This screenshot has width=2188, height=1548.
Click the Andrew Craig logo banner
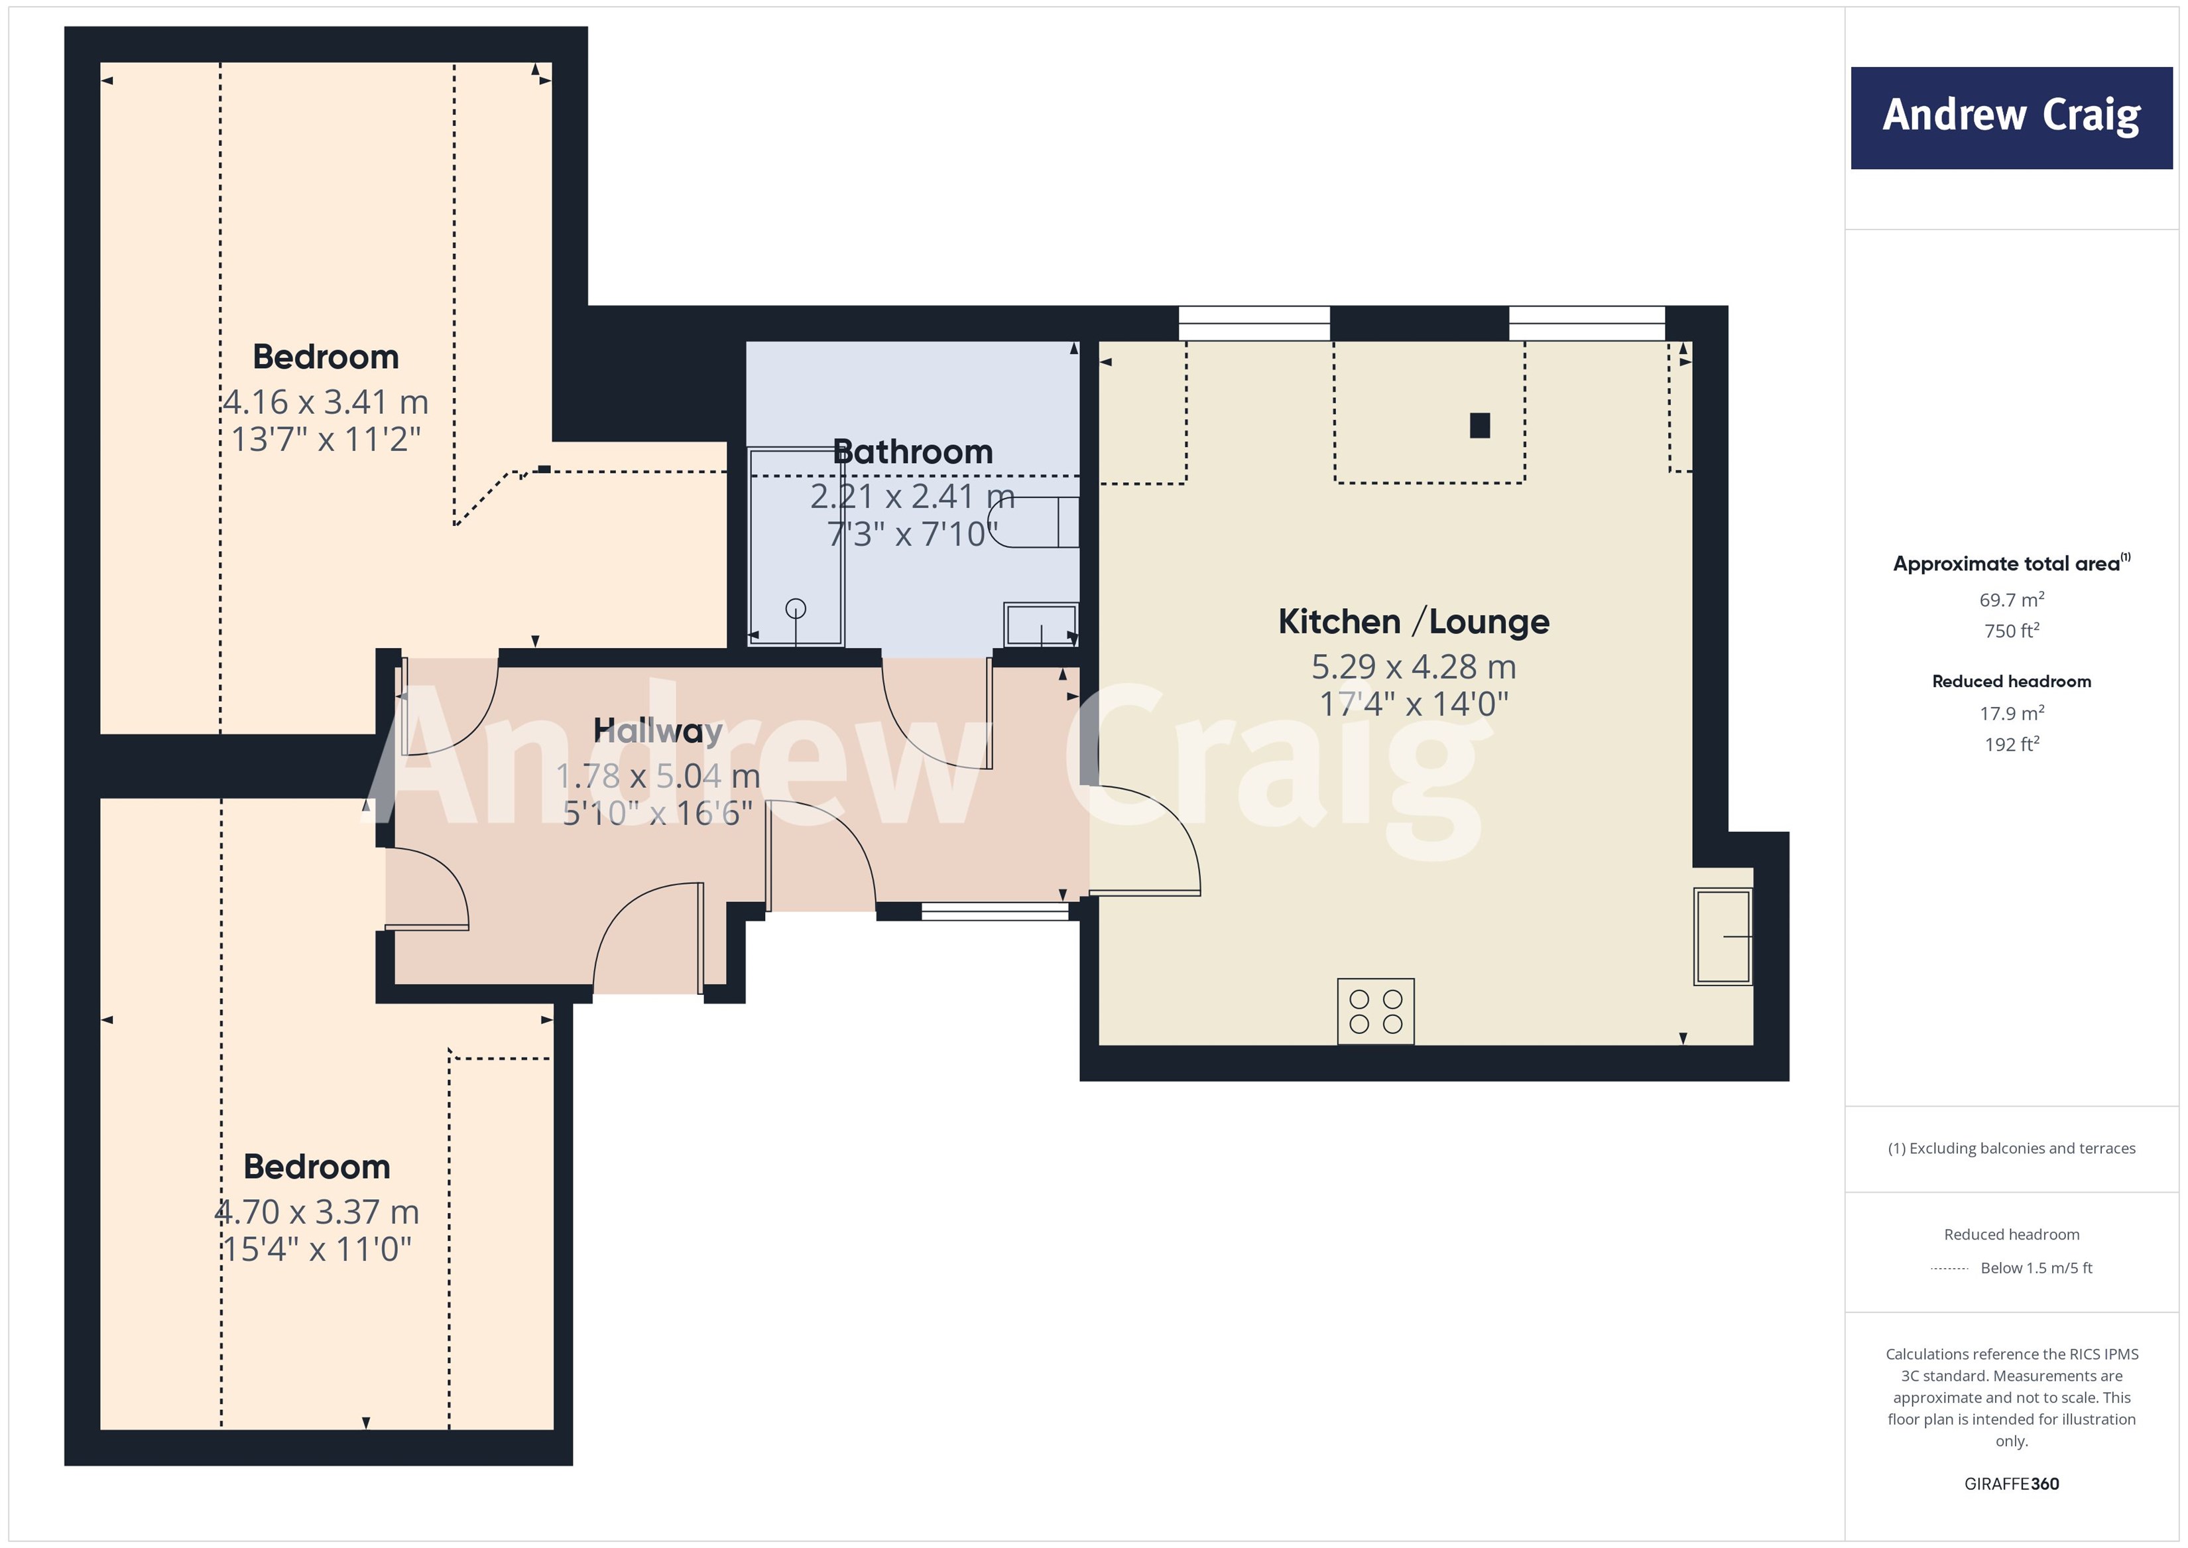pos(2011,117)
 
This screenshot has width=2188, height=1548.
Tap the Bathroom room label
pos(912,452)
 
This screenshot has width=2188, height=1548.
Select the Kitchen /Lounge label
pos(1412,621)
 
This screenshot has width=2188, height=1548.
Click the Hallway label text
pos(658,731)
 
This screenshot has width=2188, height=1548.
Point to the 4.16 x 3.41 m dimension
pos(325,401)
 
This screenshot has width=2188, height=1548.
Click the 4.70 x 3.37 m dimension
pos(316,1212)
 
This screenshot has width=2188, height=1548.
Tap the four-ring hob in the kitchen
pos(1375,1011)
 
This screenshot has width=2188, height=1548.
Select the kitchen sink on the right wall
pos(1722,936)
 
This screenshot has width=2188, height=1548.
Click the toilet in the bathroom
pos(1034,523)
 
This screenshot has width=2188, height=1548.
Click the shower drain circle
pos(796,608)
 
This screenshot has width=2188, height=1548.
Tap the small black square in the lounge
pos(1479,425)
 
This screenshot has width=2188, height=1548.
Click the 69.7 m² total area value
pos(2011,600)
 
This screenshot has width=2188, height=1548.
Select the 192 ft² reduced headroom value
pos(2011,744)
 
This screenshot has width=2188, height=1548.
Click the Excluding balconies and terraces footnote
pos(2011,1149)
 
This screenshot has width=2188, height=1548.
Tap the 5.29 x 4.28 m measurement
pos(1412,667)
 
